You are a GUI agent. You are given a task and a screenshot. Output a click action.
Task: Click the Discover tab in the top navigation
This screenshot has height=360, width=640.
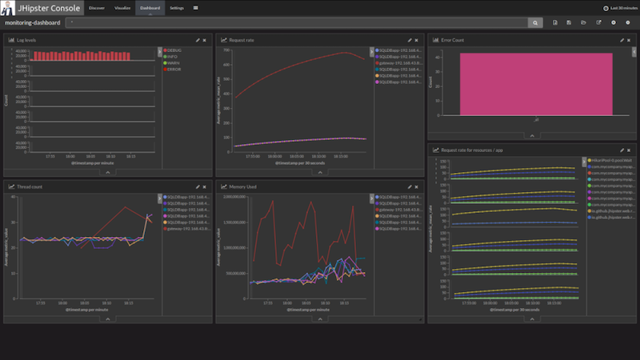point(96,7)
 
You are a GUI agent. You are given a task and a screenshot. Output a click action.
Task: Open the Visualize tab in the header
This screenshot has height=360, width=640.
point(122,7)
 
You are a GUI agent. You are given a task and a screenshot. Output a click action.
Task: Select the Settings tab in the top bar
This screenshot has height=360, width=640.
point(177,7)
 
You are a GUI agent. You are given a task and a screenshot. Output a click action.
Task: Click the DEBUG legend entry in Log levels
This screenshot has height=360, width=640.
point(174,50)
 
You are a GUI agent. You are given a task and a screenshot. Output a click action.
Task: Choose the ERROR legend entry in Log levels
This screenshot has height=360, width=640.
point(174,69)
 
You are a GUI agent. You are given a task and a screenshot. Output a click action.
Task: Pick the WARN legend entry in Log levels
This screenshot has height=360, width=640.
point(174,62)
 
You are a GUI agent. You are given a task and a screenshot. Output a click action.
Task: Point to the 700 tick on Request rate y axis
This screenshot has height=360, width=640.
point(226,50)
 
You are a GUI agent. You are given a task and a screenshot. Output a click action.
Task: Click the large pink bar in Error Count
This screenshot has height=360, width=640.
point(524,85)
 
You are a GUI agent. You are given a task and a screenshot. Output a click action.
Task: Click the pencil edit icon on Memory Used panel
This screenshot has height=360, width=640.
point(410,186)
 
